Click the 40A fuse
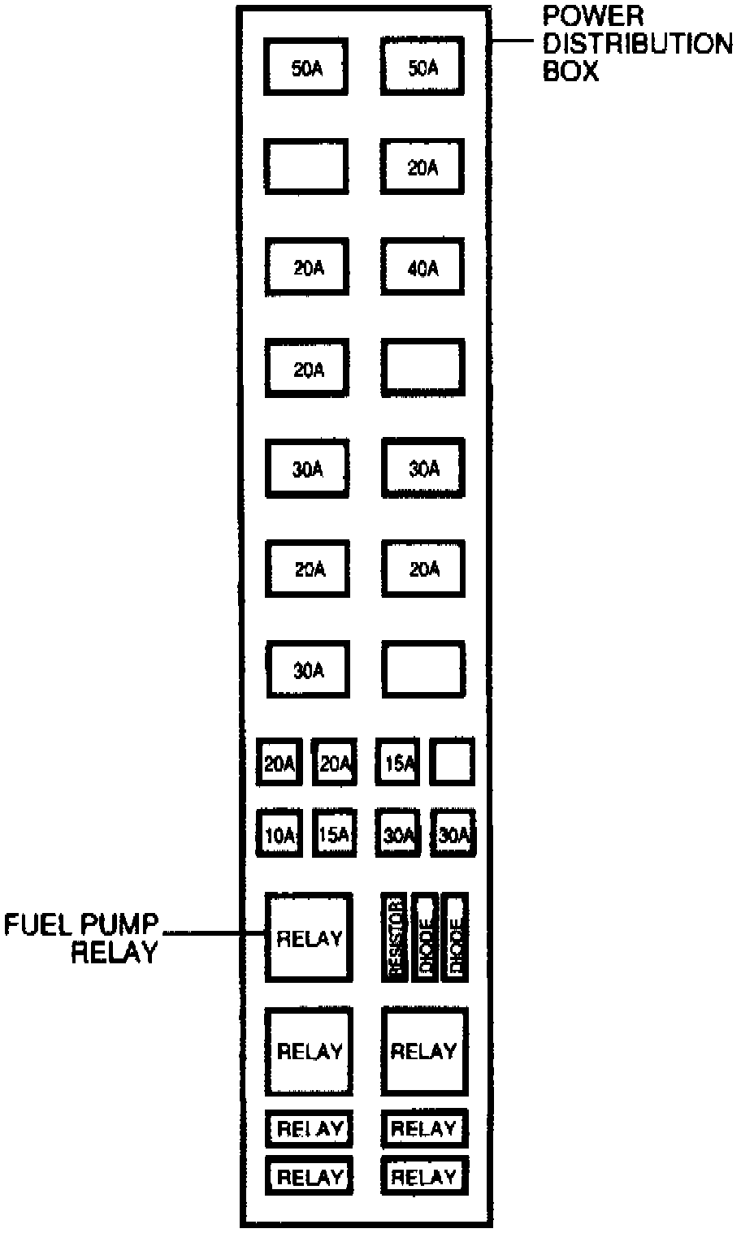(422, 267)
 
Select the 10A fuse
(279, 833)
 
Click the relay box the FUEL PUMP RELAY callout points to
(309, 937)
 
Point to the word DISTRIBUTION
(638, 44)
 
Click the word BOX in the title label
(570, 71)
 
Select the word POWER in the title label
(593, 16)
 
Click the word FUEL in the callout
(37, 924)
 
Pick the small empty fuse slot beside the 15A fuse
(452, 762)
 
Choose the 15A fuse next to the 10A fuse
(334, 833)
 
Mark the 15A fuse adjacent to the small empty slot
(397, 762)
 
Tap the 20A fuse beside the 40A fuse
(308, 267)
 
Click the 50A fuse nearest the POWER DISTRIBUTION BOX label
(422, 67)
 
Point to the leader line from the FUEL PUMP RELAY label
(213, 933)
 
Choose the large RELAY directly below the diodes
(424, 1052)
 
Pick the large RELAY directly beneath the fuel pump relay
(309, 1052)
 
